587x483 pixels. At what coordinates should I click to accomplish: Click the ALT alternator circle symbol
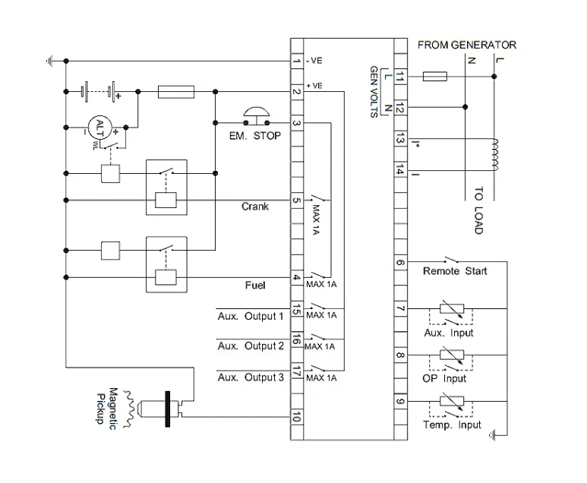[98, 127]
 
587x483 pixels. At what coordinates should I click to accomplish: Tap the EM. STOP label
[255, 136]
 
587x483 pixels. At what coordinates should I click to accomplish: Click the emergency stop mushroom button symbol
[255, 115]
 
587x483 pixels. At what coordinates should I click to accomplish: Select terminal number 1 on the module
[297, 61]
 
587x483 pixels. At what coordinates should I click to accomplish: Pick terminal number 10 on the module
[297, 417]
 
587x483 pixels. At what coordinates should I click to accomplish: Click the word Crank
[255, 207]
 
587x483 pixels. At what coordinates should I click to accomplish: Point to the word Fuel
[254, 286]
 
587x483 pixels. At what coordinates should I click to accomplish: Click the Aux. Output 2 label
[251, 346]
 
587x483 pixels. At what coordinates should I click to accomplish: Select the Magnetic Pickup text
[109, 407]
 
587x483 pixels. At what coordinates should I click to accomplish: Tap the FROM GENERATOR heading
[466, 46]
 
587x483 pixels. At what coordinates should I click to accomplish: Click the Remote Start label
[455, 271]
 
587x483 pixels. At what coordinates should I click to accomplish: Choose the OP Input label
[444, 378]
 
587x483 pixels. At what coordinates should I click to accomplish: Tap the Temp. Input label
[452, 425]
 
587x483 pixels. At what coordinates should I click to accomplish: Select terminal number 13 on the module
[400, 138]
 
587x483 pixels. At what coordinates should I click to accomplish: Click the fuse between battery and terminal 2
[176, 92]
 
